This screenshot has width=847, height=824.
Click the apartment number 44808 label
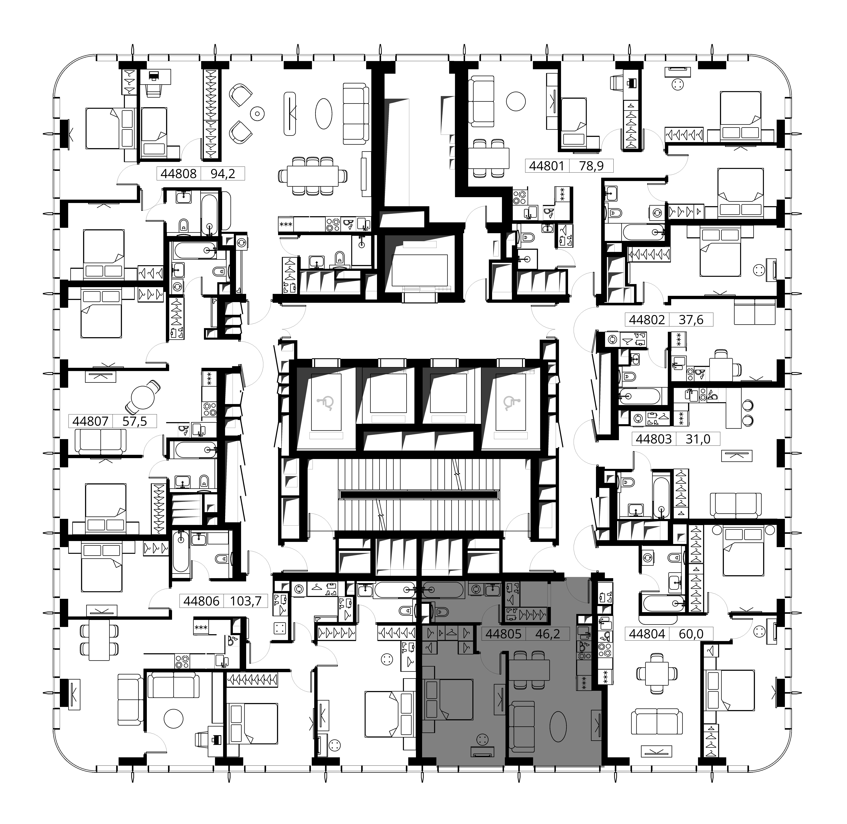(x=178, y=174)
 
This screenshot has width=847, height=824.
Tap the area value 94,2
(x=222, y=174)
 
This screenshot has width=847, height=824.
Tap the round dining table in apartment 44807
(x=143, y=396)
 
